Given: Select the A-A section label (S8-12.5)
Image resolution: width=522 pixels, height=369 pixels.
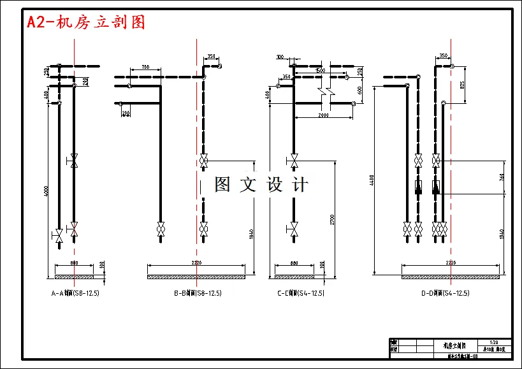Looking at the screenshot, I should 75,294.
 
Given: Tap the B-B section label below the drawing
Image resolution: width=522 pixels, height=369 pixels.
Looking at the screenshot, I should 198,294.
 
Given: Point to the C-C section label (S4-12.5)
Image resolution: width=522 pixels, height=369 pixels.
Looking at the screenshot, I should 301,294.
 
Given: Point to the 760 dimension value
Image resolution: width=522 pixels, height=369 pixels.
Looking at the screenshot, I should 502,177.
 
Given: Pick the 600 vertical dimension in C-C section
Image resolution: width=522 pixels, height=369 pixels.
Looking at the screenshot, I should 359,90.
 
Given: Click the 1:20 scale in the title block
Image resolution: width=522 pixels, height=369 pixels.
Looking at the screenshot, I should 494,342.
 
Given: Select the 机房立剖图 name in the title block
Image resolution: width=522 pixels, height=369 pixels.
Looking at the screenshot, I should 454,345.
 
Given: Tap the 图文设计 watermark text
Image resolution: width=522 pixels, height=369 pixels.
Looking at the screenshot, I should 261,185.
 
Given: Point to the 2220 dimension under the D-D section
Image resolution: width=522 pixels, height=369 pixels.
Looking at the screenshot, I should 451,263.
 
